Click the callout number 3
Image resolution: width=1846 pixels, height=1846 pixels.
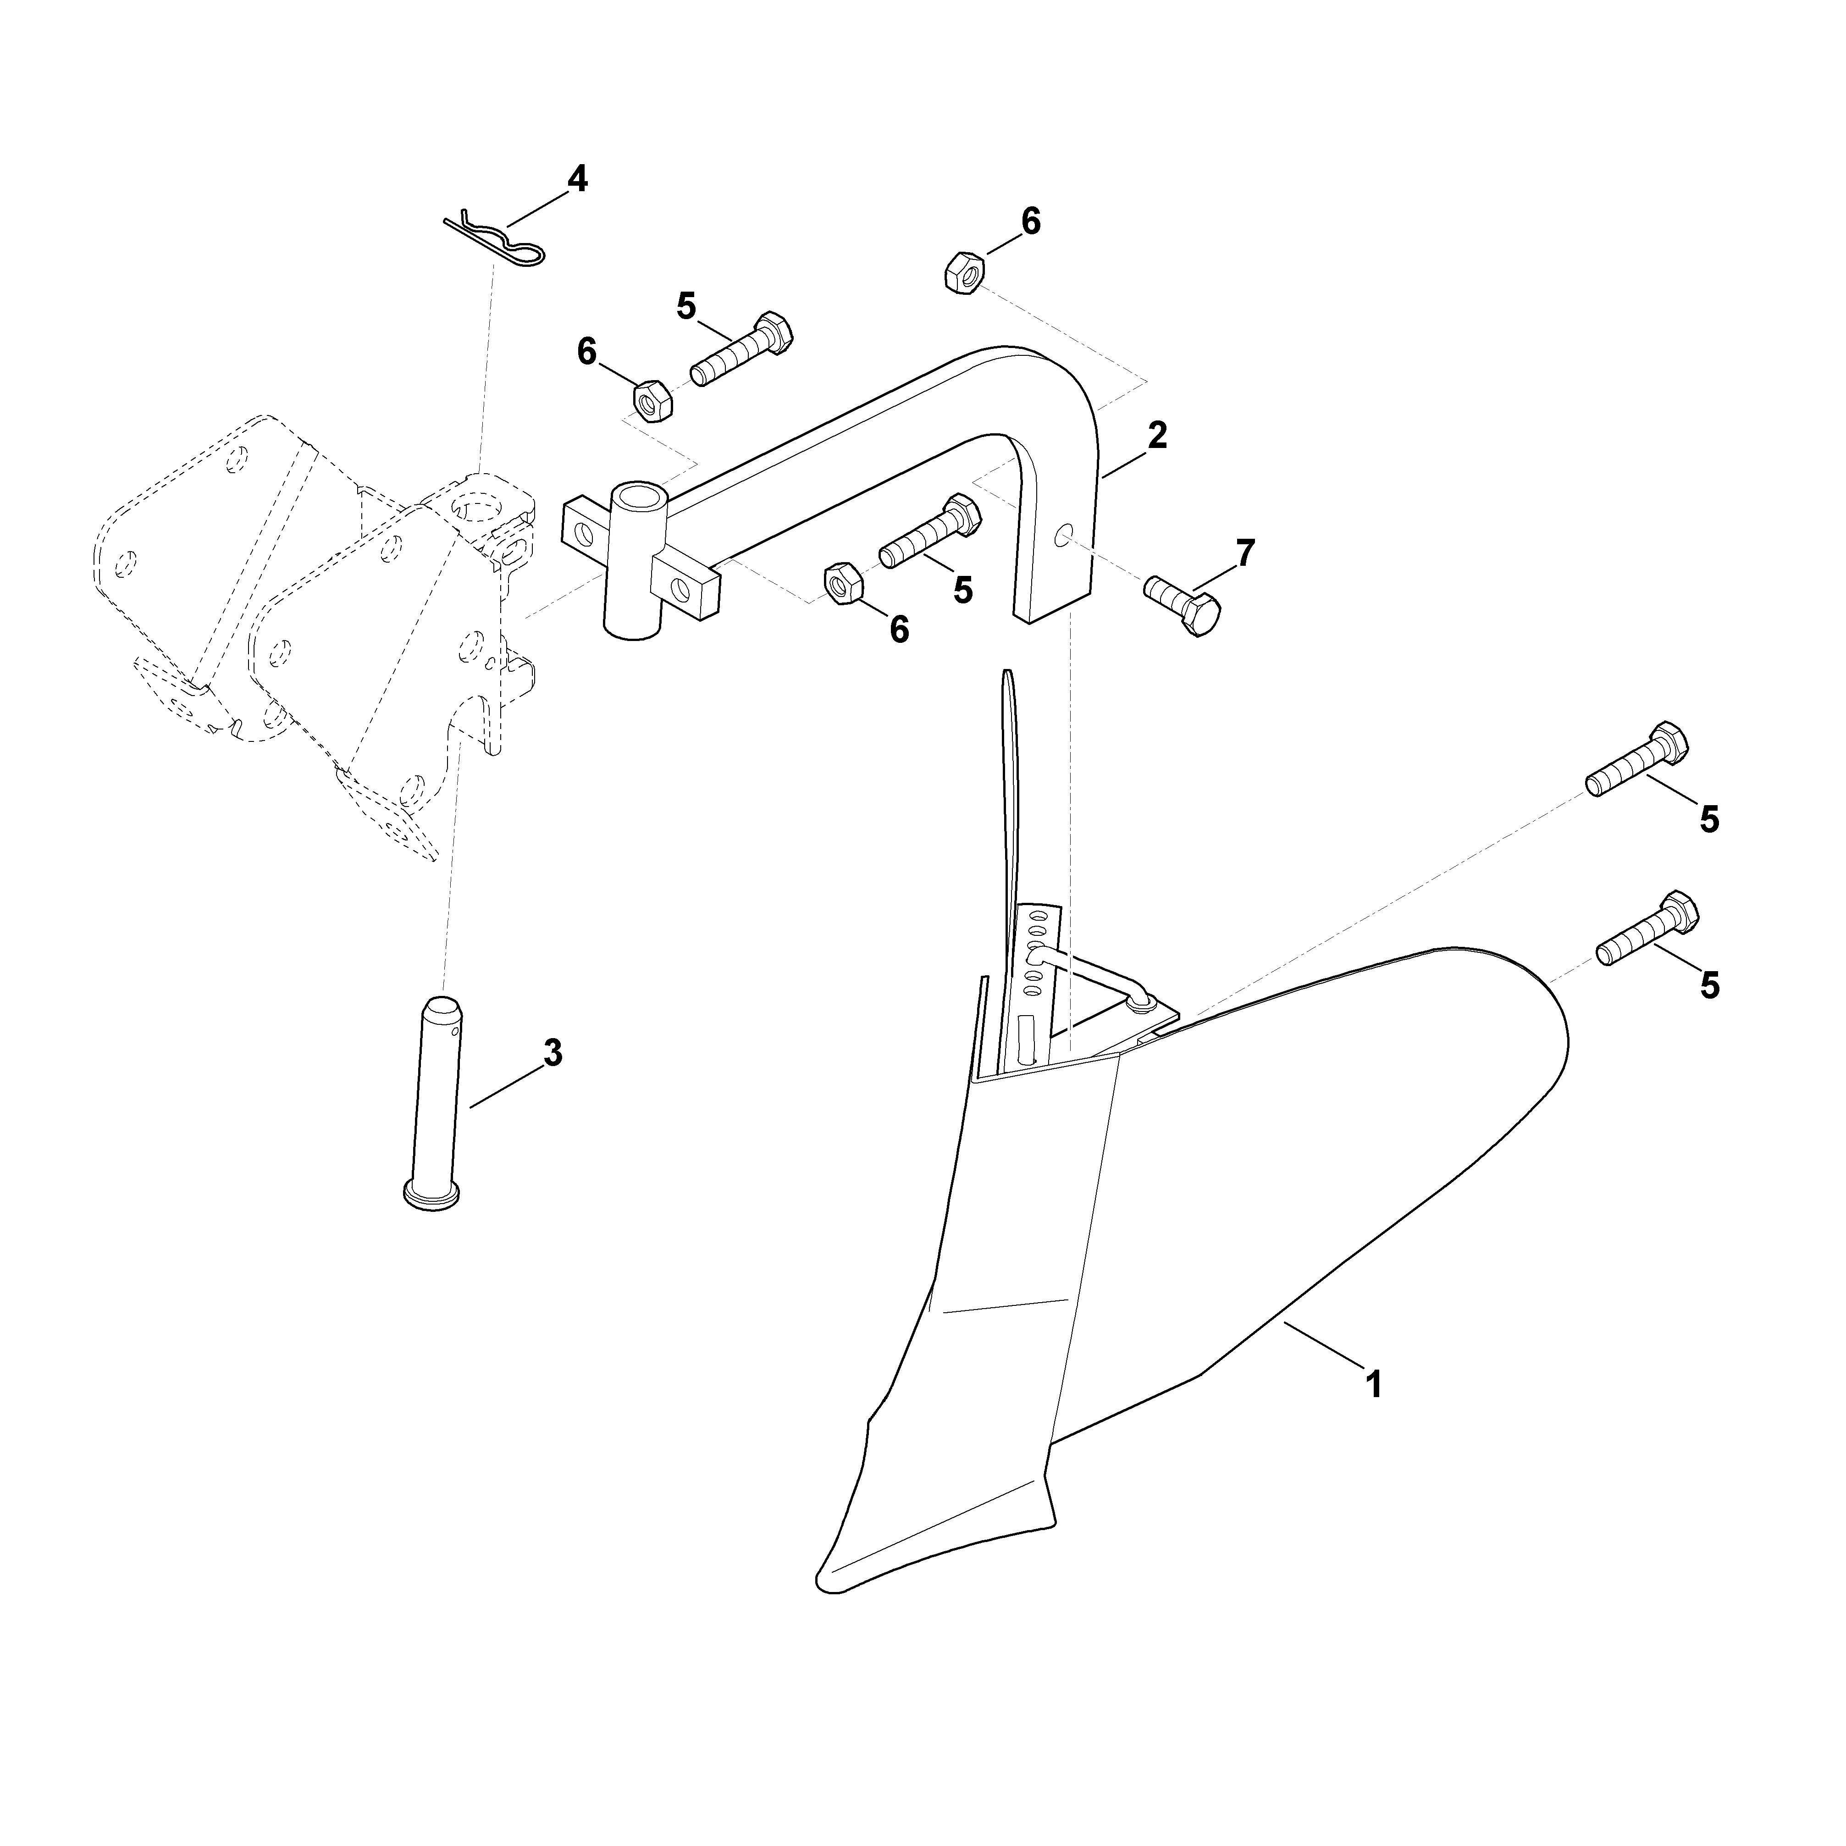[x=552, y=1054]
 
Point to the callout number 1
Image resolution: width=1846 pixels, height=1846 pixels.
[x=1374, y=1385]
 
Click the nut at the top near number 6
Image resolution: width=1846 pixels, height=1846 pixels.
[x=961, y=272]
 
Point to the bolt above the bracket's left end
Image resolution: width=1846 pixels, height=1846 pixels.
[x=741, y=348]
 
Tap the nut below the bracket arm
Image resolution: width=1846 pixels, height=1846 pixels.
[x=843, y=585]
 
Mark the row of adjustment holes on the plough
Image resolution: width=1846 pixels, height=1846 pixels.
[x=1034, y=956]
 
